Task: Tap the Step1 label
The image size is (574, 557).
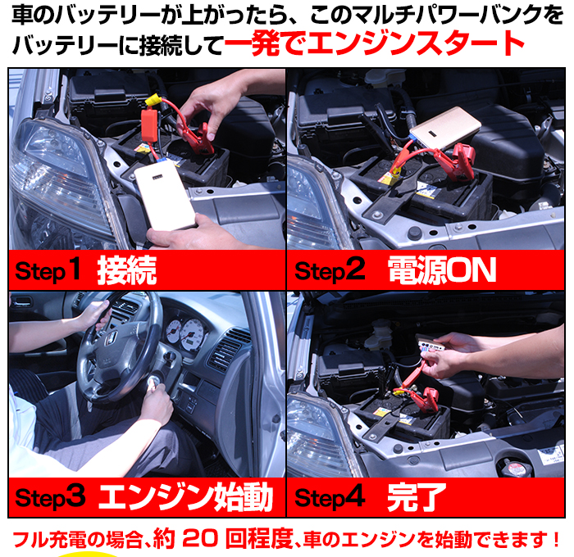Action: pyautogui.click(x=49, y=271)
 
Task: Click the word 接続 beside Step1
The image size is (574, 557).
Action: pyautogui.click(x=127, y=270)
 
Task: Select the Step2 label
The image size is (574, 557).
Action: pyautogui.click(x=329, y=271)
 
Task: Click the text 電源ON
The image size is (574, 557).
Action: pyautogui.click(x=442, y=270)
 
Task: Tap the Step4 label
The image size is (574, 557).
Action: pyautogui.click(x=329, y=496)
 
